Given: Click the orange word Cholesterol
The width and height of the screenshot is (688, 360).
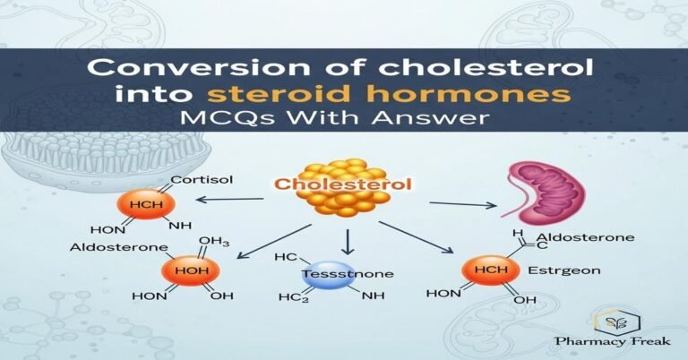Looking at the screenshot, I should tap(344, 185).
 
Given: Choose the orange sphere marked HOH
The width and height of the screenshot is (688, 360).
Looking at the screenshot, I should tap(185, 271).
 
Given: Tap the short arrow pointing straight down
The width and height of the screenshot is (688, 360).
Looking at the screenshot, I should tap(348, 240).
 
